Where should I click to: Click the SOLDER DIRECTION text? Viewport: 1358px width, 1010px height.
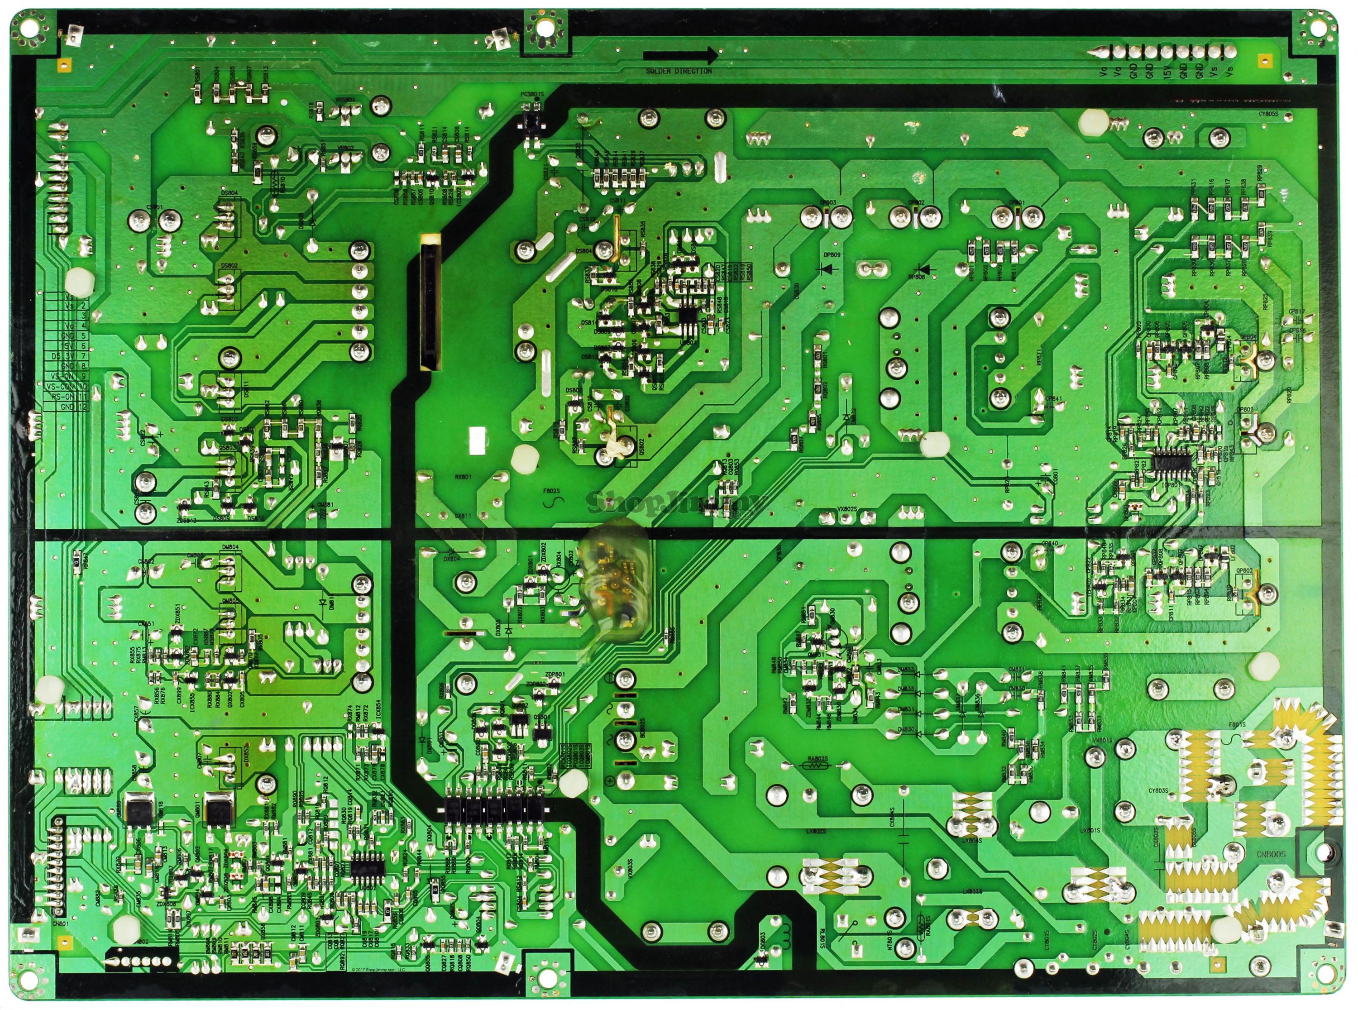click(679, 71)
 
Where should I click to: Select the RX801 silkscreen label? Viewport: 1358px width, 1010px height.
click(463, 476)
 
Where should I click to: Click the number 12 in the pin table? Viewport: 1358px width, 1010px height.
click(83, 407)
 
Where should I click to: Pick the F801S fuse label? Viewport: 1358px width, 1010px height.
click(1238, 725)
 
